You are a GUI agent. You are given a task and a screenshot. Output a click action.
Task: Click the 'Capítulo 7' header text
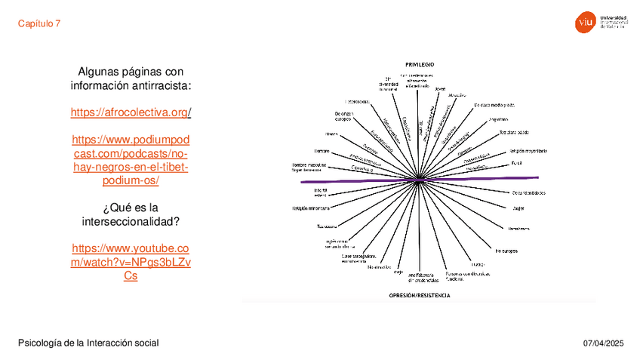pyautogui.click(x=39, y=23)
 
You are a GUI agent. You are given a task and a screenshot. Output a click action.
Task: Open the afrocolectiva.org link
pyautogui.click(x=131, y=112)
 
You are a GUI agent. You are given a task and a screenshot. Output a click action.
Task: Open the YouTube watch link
pyautogui.click(x=131, y=262)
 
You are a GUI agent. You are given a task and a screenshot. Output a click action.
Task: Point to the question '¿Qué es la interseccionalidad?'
pyautogui.click(x=131, y=214)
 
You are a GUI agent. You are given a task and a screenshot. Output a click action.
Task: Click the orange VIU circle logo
pyautogui.click(x=584, y=23)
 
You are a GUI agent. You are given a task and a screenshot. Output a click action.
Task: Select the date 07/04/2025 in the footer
pyautogui.click(x=603, y=343)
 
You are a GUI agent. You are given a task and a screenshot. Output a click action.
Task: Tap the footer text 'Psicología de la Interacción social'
pyautogui.click(x=88, y=343)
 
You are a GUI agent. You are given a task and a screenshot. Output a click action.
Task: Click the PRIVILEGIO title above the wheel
pyautogui.click(x=420, y=64)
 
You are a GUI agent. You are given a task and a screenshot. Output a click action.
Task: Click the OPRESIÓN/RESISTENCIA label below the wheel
pyautogui.click(x=420, y=295)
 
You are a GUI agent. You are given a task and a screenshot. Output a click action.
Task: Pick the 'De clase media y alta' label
pyautogui.click(x=494, y=105)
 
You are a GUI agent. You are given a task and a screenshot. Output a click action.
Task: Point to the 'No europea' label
pyautogui.click(x=506, y=250)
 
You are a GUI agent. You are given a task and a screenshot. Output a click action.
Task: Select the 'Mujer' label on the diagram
pyautogui.click(x=518, y=208)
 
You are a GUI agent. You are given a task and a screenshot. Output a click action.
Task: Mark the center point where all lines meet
pyautogui.click(x=420, y=180)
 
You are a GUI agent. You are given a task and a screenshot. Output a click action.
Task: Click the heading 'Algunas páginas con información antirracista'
pyautogui.click(x=131, y=78)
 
